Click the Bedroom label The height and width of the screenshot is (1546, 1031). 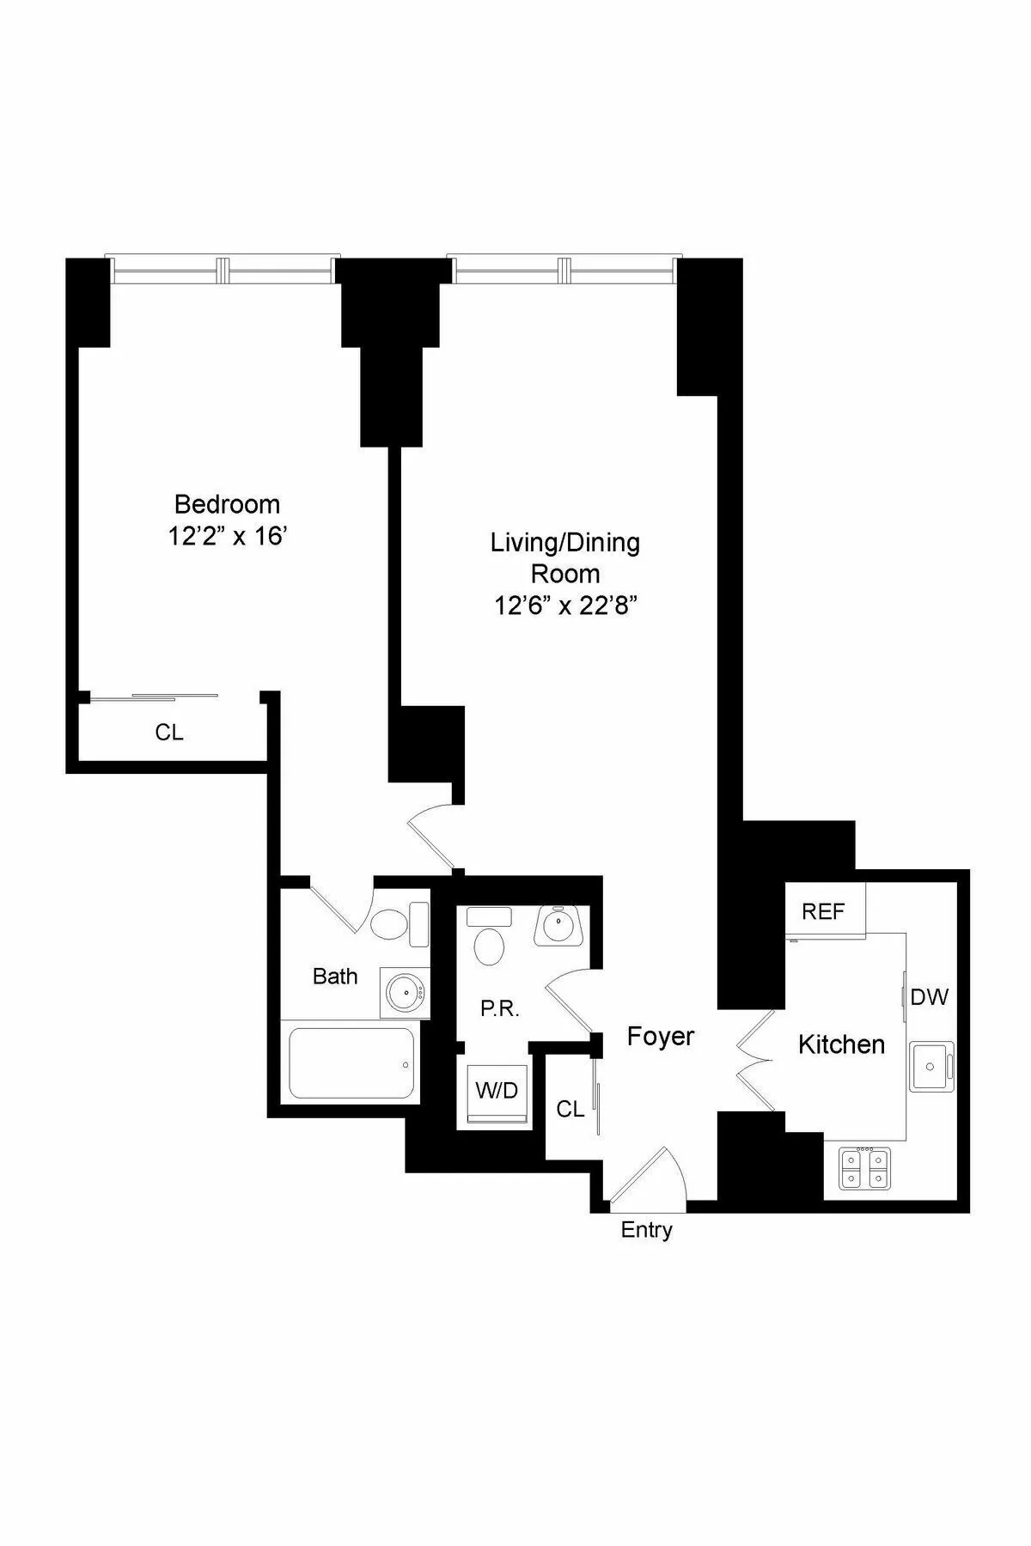[x=227, y=503]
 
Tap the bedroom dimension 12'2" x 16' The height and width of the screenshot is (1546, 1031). [x=227, y=537]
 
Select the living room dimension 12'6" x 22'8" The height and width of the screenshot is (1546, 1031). [x=565, y=606]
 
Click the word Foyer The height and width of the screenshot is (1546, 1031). [x=660, y=1036]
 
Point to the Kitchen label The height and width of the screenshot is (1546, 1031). [x=841, y=1044]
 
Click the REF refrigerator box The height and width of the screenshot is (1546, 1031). [x=824, y=911]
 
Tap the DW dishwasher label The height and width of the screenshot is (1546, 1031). [x=929, y=996]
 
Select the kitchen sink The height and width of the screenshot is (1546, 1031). [x=931, y=1066]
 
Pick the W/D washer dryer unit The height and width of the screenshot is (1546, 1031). [x=497, y=1092]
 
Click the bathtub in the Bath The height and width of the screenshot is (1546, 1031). [x=351, y=1062]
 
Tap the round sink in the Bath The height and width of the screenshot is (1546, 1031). [x=403, y=994]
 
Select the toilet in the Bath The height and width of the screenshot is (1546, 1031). [x=389, y=925]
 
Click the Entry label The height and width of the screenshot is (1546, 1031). [x=646, y=1230]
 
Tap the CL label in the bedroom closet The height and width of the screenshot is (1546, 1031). [x=169, y=733]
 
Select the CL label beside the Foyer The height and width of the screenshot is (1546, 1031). [x=570, y=1109]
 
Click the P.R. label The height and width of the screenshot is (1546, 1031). [x=499, y=1008]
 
